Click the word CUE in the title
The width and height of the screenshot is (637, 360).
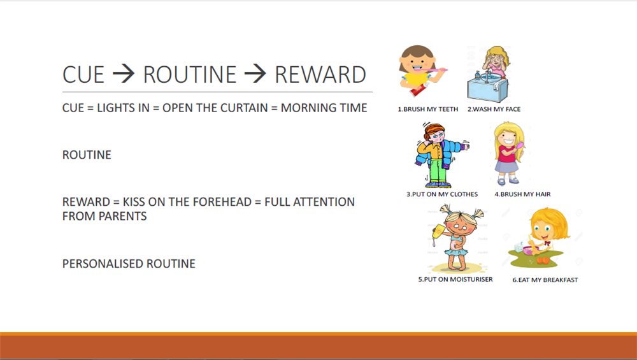click(x=83, y=75)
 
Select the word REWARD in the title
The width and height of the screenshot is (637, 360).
click(x=320, y=75)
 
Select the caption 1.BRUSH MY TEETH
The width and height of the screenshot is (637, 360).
click(x=428, y=110)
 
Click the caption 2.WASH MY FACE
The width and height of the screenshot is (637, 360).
click(x=494, y=110)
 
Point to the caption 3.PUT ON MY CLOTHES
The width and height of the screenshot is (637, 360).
click(x=442, y=194)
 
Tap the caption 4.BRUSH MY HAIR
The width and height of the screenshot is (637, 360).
click(x=522, y=194)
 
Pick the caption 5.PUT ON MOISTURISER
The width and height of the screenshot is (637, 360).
click(x=455, y=280)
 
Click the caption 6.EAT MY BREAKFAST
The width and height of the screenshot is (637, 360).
click(x=545, y=280)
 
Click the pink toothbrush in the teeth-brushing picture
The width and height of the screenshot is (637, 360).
click(x=435, y=70)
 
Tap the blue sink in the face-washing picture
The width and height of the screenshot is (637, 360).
click(x=487, y=89)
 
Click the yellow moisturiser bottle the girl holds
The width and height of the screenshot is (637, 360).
click(x=438, y=233)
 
